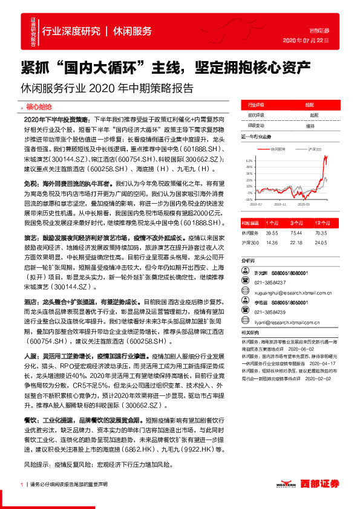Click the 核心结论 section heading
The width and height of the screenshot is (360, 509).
(39, 105)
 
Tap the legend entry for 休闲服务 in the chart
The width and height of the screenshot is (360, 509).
(277, 148)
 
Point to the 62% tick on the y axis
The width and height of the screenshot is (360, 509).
(249, 161)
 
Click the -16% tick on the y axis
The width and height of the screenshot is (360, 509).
(248, 198)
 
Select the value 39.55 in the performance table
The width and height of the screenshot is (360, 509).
(271, 232)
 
